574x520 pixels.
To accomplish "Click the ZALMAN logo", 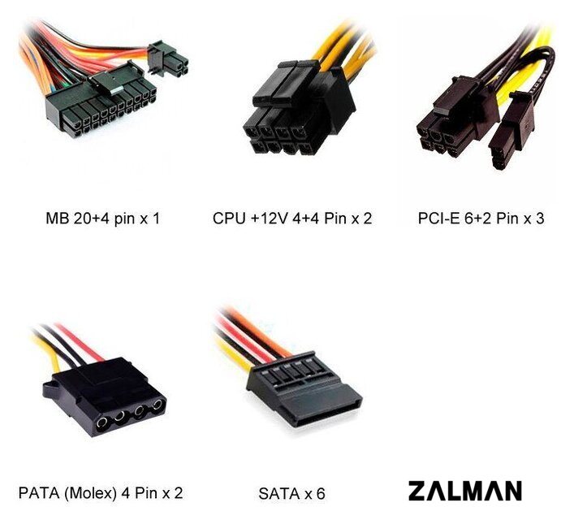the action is click(465, 491).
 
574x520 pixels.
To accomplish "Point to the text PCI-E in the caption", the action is click(438, 218).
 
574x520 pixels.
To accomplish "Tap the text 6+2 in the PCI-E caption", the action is click(477, 218).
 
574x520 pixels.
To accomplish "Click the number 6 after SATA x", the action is click(321, 494).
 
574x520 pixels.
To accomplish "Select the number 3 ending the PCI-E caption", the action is click(540, 218).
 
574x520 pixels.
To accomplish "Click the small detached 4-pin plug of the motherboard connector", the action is click(168, 59).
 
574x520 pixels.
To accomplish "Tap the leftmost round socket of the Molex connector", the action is click(101, 423).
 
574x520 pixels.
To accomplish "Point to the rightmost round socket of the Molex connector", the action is click(158, 405).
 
